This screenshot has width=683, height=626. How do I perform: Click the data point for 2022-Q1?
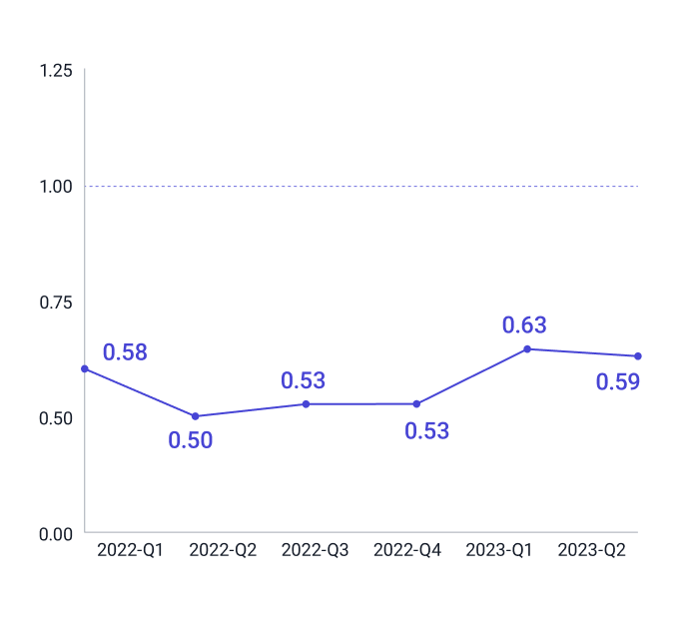click(x=85, y=368)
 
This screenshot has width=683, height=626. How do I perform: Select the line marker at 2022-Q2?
click(x=195, y=416)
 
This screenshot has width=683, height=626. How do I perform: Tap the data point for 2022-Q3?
click(x=306, y=403)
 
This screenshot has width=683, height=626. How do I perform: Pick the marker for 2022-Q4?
click(x=416, y=403)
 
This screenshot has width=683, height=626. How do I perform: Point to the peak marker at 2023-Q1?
click(x=527, y=348)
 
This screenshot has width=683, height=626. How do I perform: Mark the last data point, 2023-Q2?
click(x=637, y=356)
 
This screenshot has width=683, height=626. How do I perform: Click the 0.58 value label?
click(x=125, y=352)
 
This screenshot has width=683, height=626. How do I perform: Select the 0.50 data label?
click(x=190, y=440)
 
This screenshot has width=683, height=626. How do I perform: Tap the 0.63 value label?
click(x=524, y=325)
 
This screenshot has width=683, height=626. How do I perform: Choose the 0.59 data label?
click(x=617, y=381)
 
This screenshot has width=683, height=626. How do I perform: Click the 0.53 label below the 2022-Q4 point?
click(x=426, y=431)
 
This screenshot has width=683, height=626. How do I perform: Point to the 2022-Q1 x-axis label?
click(x=130, y=550)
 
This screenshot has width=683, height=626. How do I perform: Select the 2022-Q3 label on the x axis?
click(x=315, y=550)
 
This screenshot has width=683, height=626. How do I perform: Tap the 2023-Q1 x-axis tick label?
click(x=499, y=550)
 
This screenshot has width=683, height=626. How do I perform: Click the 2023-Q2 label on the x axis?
click(x=591, y=550)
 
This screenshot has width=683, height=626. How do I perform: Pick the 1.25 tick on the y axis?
click(x=55, y=71)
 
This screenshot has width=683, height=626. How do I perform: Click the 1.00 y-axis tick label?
click(x=55, y=187)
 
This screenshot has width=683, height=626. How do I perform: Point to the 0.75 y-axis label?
click(x=55, y=302)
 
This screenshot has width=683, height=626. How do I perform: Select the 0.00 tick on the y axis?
click(x=55, y=533)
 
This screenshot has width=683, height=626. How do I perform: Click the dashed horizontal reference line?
click(x=359, y=186)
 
